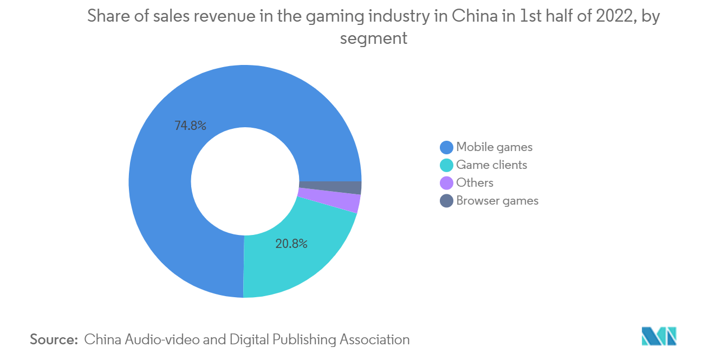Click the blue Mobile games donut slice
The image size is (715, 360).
(x=162, y=217)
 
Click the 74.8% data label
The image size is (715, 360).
(x=190, y=126)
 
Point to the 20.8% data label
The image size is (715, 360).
(x=291, y=244)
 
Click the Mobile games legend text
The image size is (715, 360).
(x=494, y=147)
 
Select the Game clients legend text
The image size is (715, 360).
(x=491, y=165)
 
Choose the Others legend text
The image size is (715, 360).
(x=474, y=182)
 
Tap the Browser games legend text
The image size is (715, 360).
(x=497, y=200)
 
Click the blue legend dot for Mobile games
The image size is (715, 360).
(x=446, y=147)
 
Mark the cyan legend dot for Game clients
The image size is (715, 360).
(x=446, y=165)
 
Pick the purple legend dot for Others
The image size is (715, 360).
(x=446, y=183)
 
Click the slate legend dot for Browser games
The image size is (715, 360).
(x=446, y=201)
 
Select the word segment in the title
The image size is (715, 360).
(x=373, y=38)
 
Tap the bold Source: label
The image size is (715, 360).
(x=54, y=339)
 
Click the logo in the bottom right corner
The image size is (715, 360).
(x=659, y=336)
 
